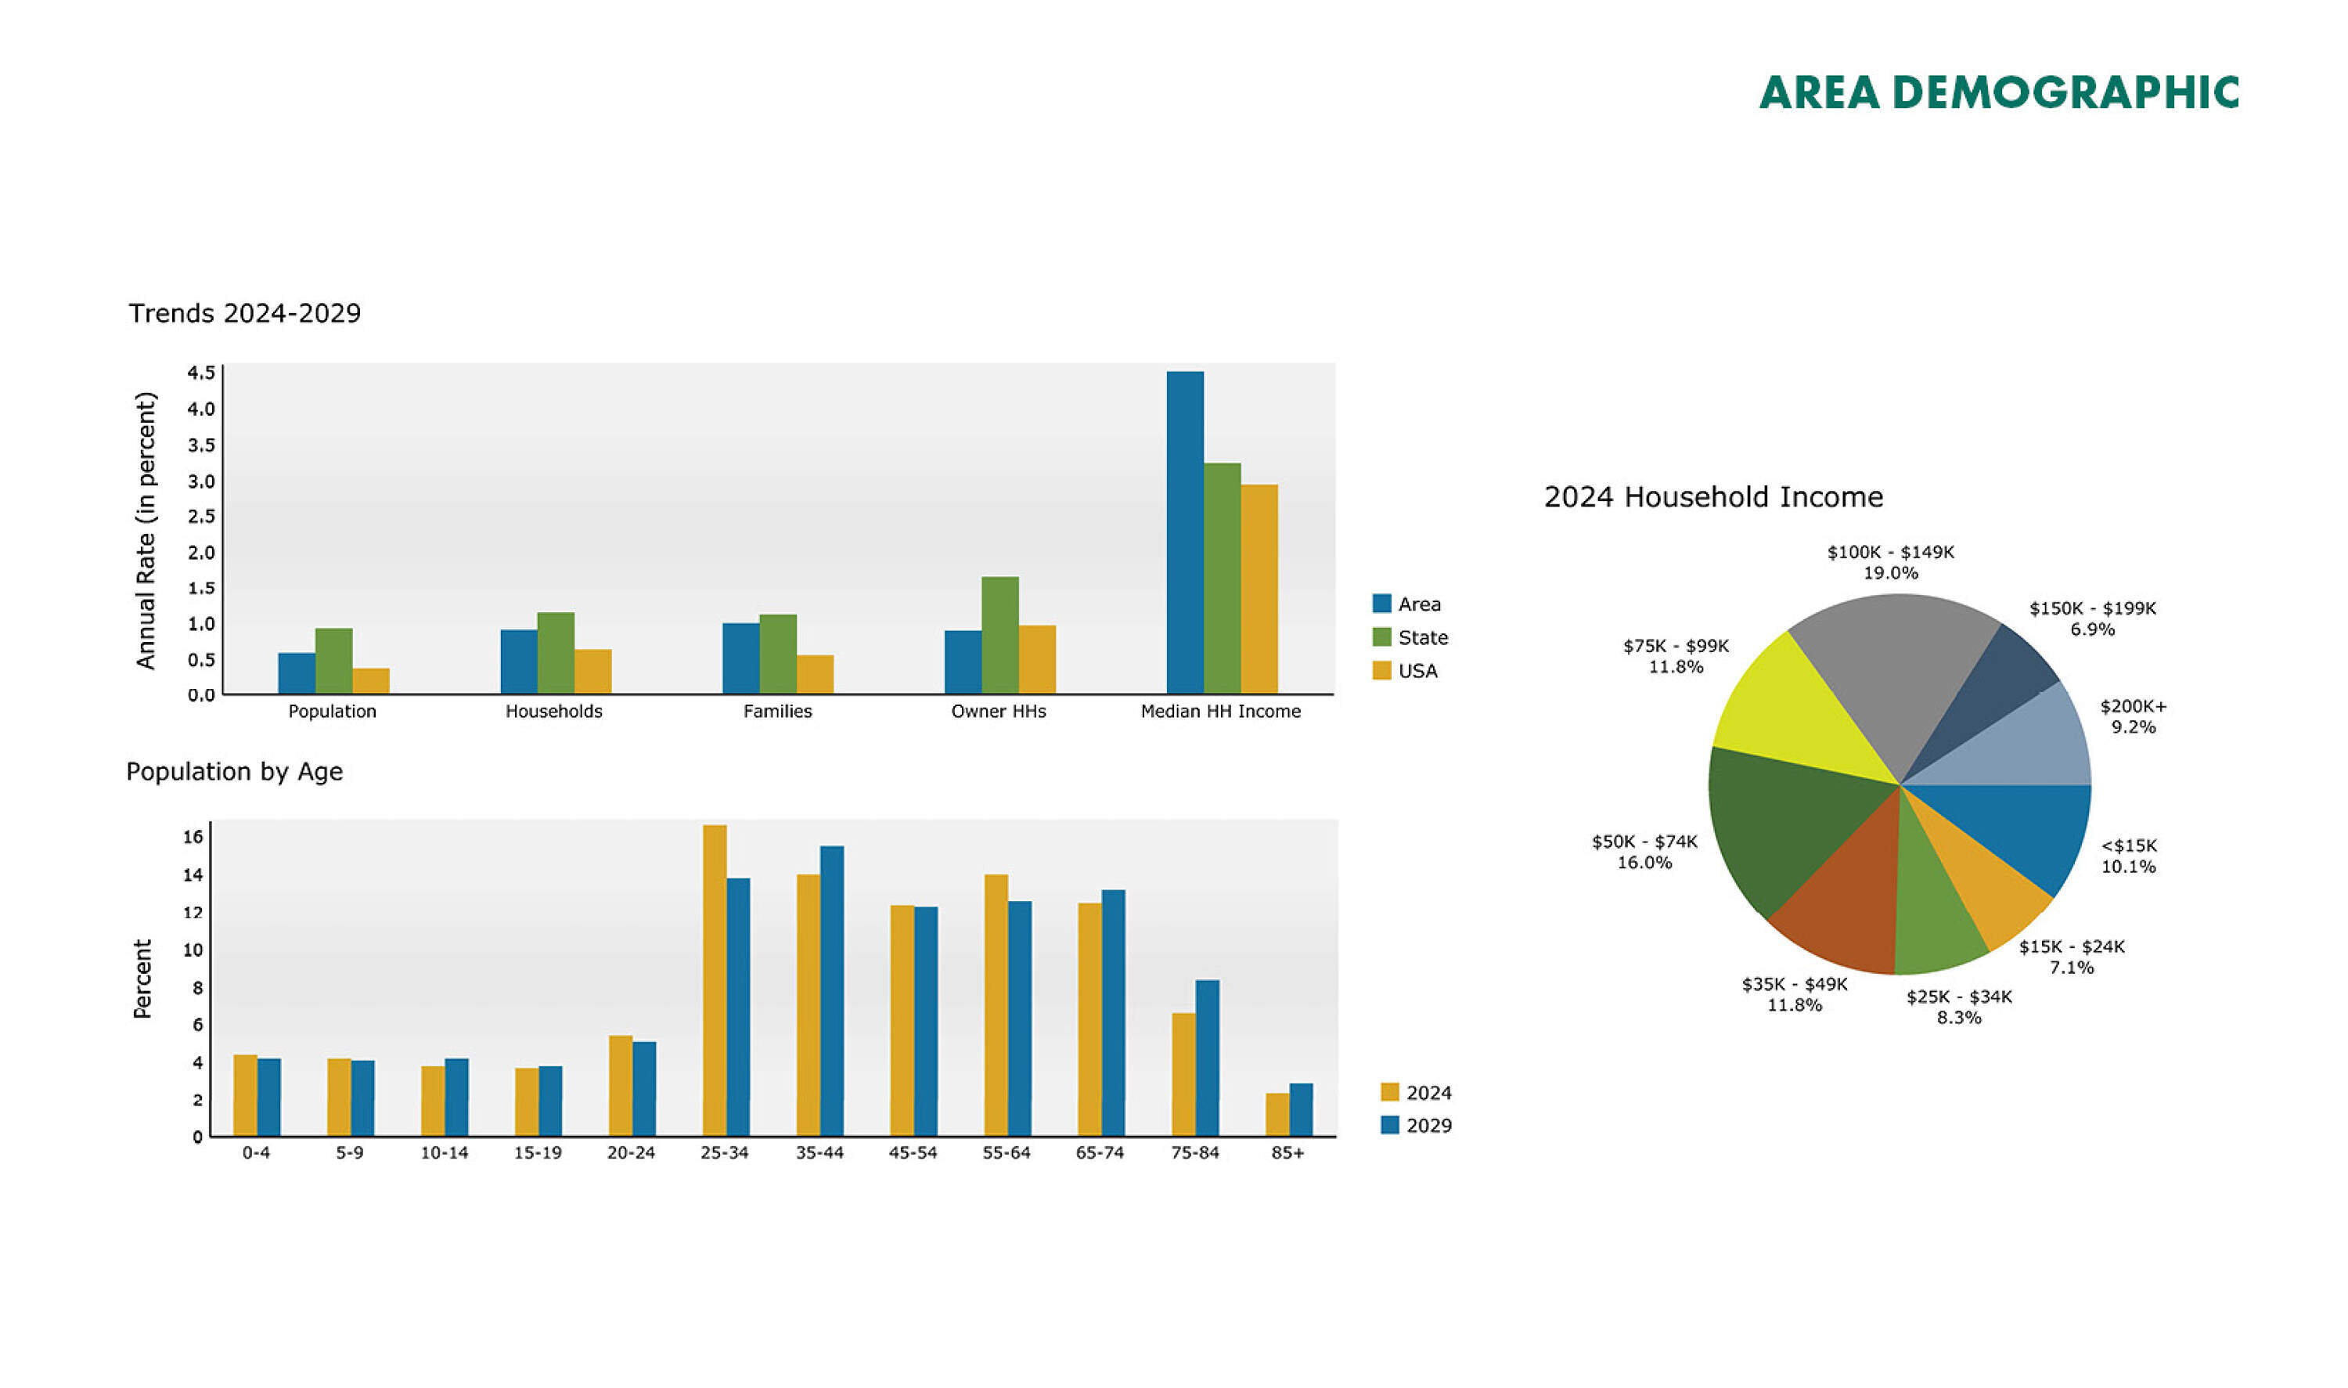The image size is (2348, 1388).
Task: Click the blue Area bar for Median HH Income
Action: tap(1185, 532)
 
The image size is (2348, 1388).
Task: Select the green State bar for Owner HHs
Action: tap(999, 635)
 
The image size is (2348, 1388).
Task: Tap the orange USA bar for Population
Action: tap(371, 681)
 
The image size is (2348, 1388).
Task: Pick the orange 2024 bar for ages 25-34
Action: tap(715, 980)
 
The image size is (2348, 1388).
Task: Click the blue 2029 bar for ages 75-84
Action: tap(1207, 1058)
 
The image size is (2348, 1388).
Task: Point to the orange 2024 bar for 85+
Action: tap(1277, 1115)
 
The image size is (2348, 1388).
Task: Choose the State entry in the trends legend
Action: tap(1410, 637)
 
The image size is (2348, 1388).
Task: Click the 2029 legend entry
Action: tap(1417, 1125)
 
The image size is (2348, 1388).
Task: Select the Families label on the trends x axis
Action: tap(778, 711)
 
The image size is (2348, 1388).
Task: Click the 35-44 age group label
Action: tap(819, 1152)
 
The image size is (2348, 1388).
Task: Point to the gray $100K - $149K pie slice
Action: tap(1893, 673)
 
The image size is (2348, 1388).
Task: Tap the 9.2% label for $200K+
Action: tap(2134, 726)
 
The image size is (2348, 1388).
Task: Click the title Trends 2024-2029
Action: tap(245, 312)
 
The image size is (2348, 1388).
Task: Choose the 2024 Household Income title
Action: tap(1713, 496)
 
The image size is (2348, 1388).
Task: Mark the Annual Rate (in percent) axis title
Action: tap(145, 530)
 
